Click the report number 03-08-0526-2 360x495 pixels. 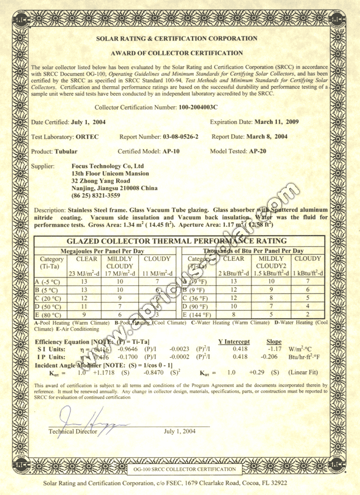click(180, 136)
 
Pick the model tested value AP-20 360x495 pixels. click(257, 151)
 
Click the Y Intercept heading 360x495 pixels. click(234, 342)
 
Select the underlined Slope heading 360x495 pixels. click(274, 342)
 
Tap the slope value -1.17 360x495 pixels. click(275, 349)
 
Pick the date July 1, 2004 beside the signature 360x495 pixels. click(180, 431)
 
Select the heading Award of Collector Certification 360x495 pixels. click(176, 53)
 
